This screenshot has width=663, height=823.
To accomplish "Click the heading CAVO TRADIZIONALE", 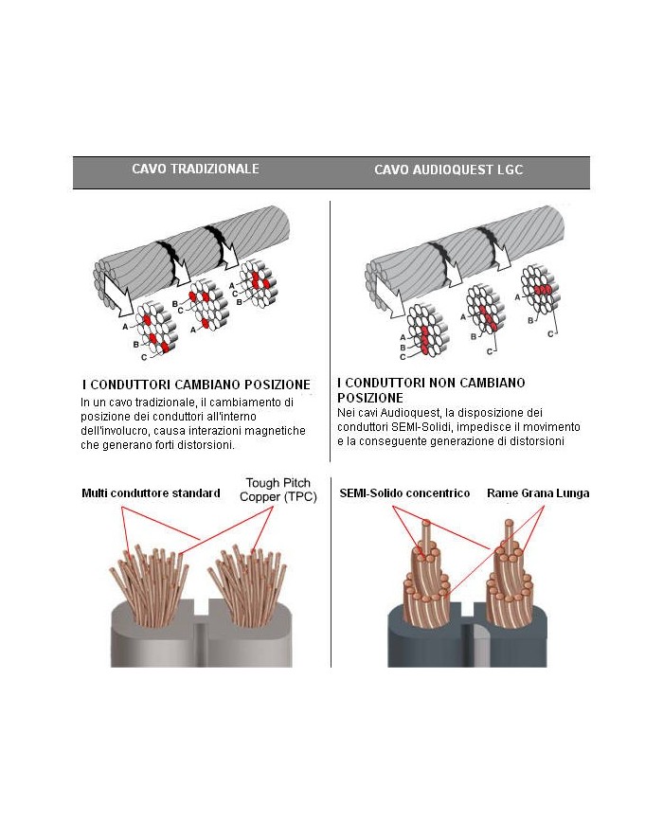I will click(x=195, y=170).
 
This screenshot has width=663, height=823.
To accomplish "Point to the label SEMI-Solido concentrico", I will click(x=404, y=493).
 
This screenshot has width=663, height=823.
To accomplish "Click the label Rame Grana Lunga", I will click(x=537, y=493).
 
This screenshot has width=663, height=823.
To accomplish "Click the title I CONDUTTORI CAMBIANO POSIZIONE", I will click(x=196, y=385).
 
